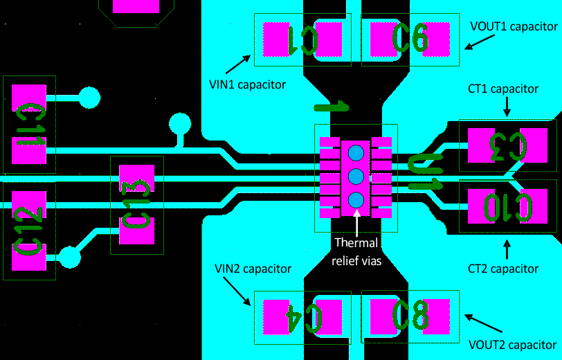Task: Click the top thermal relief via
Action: tap(356, 153)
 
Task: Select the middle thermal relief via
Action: tap(356, 177)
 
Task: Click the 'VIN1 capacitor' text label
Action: tap(247, 84)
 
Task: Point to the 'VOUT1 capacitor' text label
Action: tap(514, 27)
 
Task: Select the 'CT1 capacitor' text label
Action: tap(503, 89)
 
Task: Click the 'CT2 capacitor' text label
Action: tap(503, 269)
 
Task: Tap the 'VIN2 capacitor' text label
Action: tap(253, 269)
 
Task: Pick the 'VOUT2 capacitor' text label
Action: tap(513, 344)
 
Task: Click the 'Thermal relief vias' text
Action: tap(356, 252)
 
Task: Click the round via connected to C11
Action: tap(89, 98)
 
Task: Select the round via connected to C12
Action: tap(69, 258)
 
